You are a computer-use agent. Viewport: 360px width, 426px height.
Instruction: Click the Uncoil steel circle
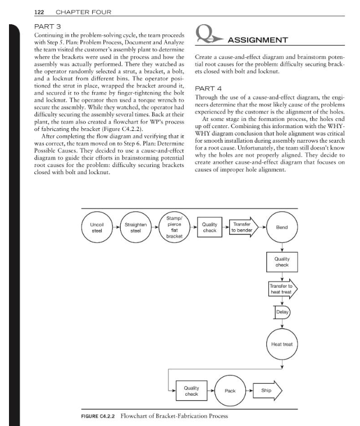pyautogui.click(x=97, y=229)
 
